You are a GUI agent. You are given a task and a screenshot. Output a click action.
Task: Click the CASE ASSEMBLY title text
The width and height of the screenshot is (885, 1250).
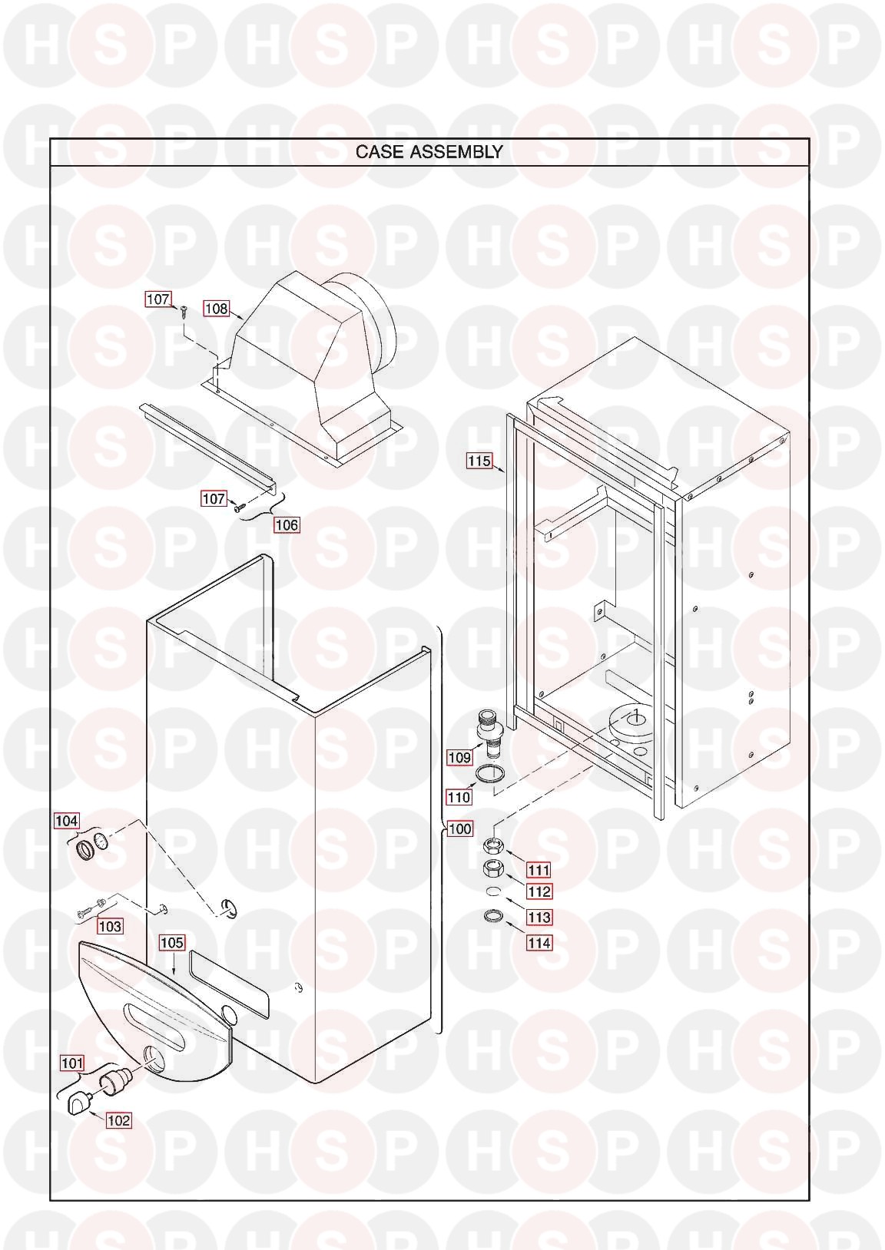(x=429, y=152)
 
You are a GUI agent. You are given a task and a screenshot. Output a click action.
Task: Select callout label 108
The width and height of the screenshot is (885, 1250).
(x=217, y=309)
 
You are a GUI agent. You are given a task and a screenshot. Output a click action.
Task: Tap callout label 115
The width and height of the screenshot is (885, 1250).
(x=479, y=461)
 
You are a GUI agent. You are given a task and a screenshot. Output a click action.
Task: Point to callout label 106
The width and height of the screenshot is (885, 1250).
(x=287, y=524)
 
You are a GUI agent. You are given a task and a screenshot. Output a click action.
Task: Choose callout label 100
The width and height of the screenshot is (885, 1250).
(x=460, y=828)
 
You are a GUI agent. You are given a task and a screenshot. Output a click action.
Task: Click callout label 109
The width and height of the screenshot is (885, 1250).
(x=460, y=757)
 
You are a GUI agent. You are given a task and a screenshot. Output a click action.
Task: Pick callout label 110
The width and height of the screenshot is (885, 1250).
(x=459, y=798)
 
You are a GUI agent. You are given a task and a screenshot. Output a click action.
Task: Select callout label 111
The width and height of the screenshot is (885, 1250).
(x=539, y=870)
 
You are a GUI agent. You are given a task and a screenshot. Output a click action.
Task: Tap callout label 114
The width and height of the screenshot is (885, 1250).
(x=539, y=943)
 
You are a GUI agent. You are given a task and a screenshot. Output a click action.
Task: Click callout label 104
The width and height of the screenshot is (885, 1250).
(x=66, y=821)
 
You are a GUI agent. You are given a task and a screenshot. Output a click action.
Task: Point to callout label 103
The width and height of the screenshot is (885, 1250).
(x=110, y=926)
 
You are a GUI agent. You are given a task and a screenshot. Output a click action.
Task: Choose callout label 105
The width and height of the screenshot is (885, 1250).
(x=171, y=943)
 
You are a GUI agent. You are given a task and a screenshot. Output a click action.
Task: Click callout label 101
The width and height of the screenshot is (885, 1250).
(x=72, y=1063)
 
